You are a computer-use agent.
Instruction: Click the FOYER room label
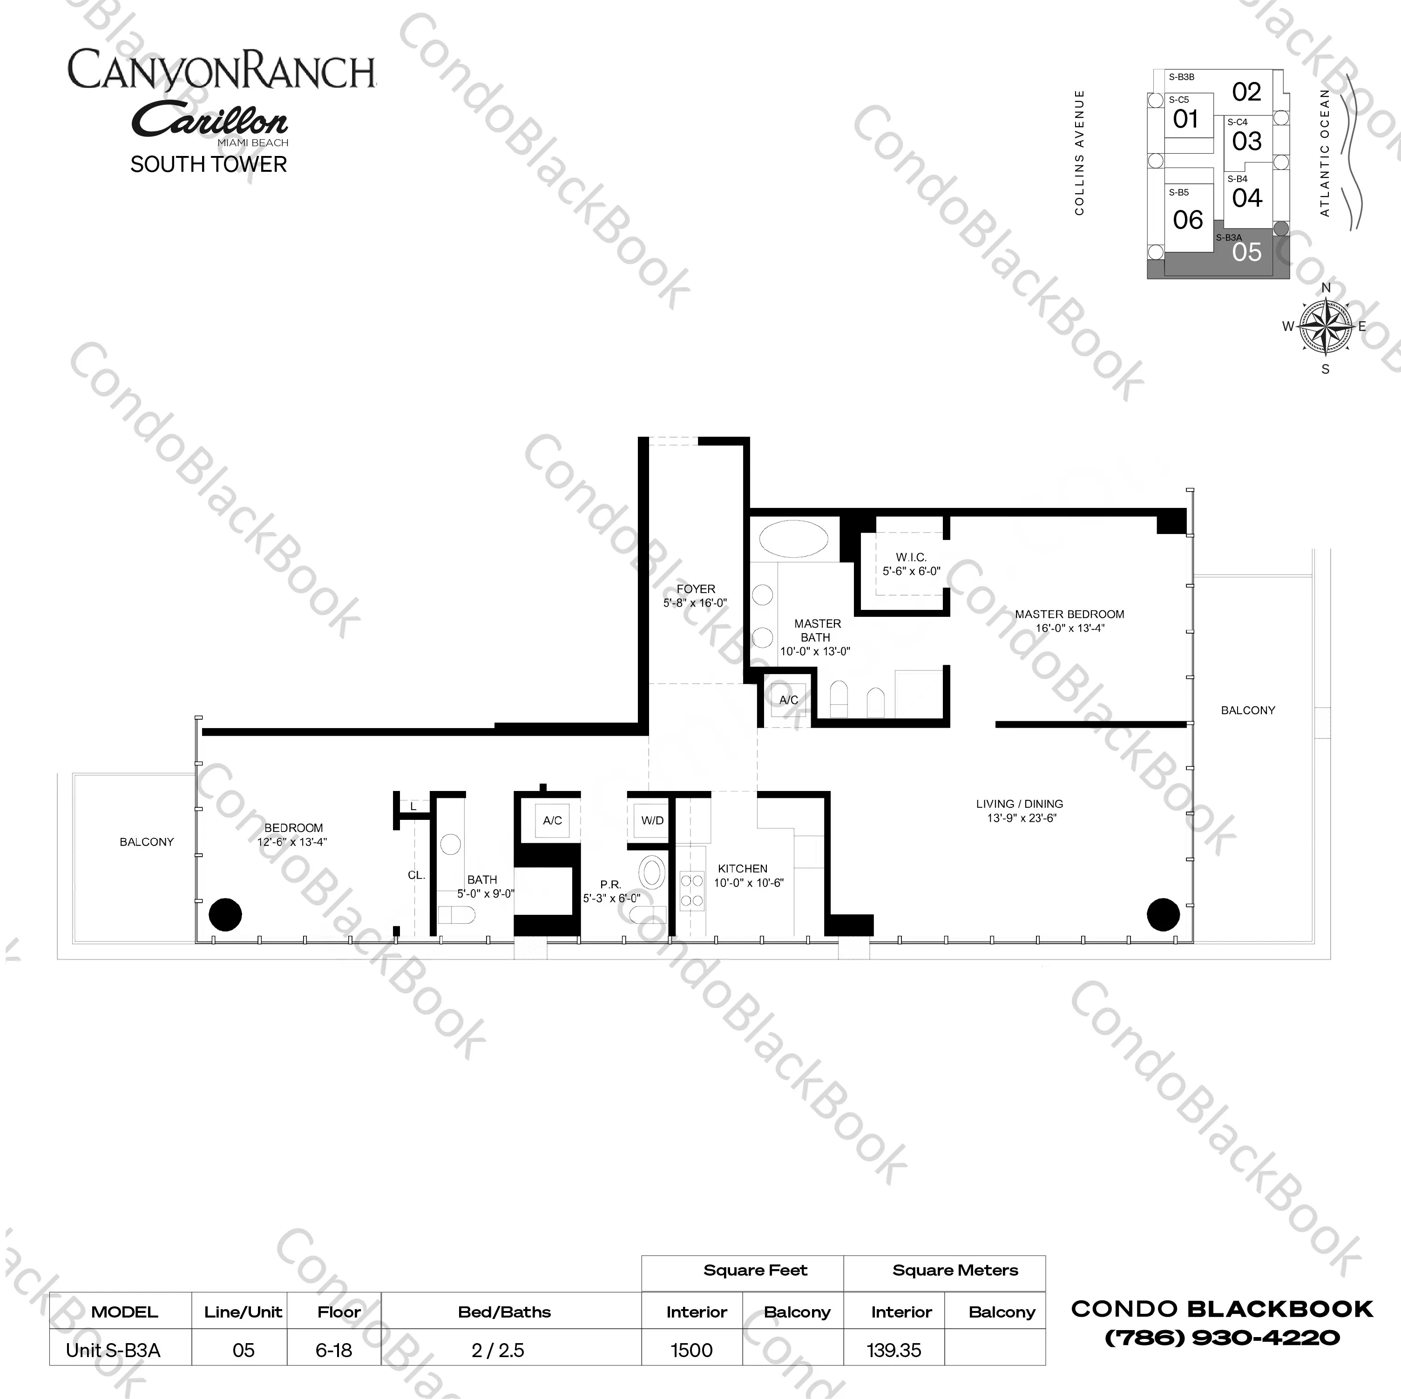(x=696, y=589)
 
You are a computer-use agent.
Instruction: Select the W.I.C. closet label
(x=912, y=557)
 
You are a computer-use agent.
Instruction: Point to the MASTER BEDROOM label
(x=1069, y=614)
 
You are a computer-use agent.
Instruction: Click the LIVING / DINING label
(x=1020, y=804)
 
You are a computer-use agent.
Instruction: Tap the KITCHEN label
(x=743, y=869)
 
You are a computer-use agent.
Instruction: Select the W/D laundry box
(x=652, y=821)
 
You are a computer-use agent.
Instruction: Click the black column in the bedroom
(x=225, y=914)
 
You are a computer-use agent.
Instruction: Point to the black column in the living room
(x=1163, y=914)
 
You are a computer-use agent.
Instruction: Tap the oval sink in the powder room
(x=652, y=872)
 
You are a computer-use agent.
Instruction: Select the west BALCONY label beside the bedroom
(x=147, y=842)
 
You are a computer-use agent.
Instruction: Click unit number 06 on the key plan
(x=1188, y=220)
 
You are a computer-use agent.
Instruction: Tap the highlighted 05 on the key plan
(x=1246, y=252)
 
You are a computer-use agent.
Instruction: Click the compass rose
(x=1326, y=327)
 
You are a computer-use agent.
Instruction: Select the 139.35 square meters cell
(x=894, y=1351)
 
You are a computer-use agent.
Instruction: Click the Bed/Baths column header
(x=505, y=1312)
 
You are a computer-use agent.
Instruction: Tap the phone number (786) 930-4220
(x=1222, y=1338)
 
